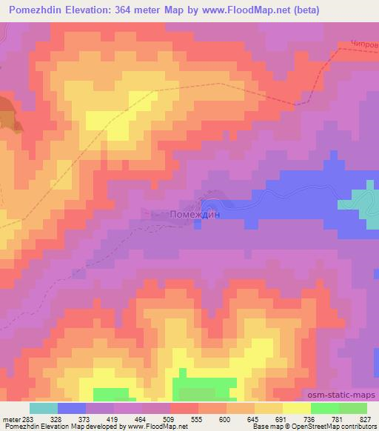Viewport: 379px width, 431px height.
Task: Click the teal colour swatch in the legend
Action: click(x=43, y=407)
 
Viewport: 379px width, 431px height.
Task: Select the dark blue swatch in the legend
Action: click(x=72, y=407)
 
